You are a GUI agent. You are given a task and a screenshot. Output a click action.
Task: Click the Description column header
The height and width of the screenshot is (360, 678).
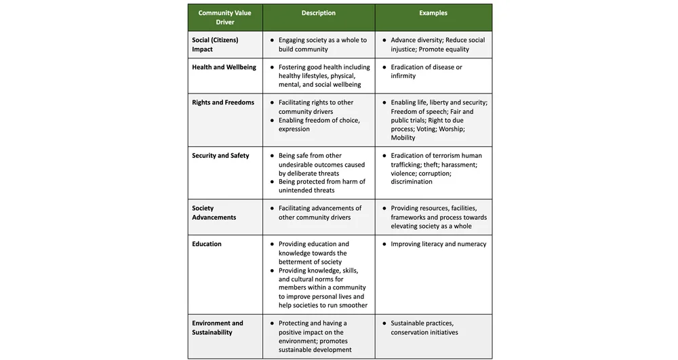coord(318,13)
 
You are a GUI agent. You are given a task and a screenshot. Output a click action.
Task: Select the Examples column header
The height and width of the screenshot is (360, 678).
coord(433,13)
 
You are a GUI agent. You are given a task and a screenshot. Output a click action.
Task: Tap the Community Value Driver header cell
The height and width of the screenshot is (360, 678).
coord(224,18)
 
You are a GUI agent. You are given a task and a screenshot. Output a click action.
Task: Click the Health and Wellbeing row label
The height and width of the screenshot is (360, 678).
coord(224,67)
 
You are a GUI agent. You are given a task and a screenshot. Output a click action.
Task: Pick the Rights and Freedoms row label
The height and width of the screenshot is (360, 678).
coord(223,102)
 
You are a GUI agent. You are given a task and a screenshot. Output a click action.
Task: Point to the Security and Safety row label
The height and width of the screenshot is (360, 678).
coord(220,155)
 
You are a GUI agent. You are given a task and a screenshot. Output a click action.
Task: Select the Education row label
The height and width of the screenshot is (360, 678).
coord(207,244)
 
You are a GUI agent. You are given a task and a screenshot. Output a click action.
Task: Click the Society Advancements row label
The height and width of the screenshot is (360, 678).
coord(214,213)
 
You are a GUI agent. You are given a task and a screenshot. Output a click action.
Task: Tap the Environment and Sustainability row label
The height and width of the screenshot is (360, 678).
coord(217,327)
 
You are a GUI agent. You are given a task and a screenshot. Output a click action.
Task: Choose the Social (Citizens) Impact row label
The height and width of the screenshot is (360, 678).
coord(216,44)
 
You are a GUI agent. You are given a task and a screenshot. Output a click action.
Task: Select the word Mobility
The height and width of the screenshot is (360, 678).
coord(404,138)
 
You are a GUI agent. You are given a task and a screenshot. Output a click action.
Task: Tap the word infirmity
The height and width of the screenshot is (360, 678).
coord(403,76)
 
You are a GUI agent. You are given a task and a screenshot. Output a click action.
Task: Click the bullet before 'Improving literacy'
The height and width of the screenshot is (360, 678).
coord(384,244)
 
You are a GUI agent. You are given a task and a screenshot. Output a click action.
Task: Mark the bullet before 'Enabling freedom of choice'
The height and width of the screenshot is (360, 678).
coord(272,120)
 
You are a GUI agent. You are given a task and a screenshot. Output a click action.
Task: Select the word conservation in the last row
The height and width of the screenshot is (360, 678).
coord(412,332)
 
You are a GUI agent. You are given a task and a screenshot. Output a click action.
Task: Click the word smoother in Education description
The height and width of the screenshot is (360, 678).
coord(353,305)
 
